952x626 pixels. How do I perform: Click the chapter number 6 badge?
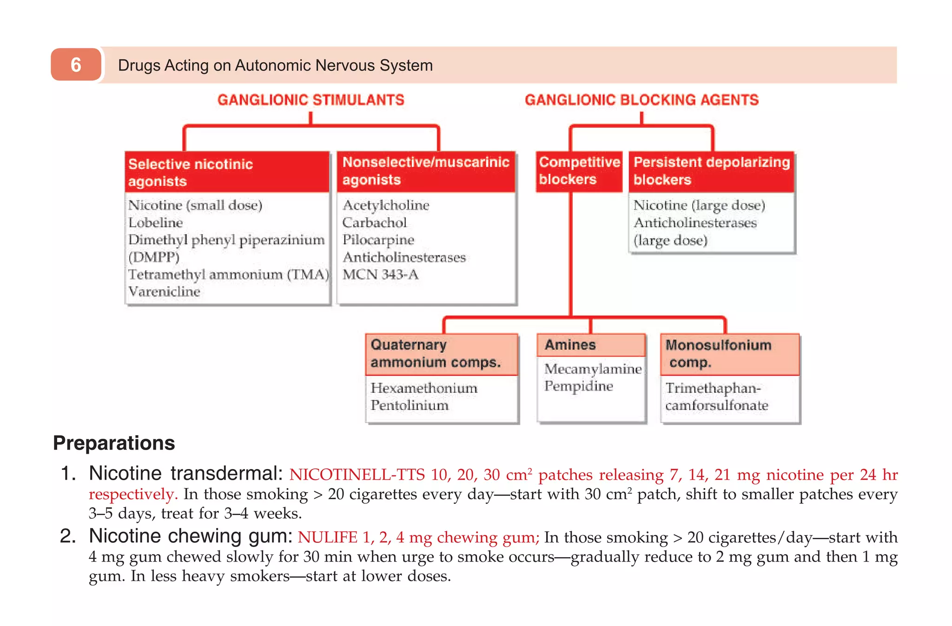(x=76, y=65)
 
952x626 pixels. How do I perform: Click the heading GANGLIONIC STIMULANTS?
(x=311, y=100)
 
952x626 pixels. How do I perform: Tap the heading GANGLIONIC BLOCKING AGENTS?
(x=641, y=100)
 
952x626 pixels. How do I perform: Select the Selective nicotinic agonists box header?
(x=227, y=172)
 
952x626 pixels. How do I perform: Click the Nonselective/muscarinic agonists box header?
(x=426, y=171)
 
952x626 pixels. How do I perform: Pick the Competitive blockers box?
(x=579, y=171)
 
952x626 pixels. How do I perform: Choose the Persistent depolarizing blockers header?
(x=711, y=171)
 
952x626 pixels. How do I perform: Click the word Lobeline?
(x=156, y=223)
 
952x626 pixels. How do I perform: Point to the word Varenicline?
(x=164, y=292)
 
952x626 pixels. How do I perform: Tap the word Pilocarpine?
(x=378, y=240)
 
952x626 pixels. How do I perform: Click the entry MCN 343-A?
(x=380, y=275)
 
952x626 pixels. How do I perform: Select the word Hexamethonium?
(x=423, y=388)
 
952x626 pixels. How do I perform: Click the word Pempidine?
(x=578, y=386)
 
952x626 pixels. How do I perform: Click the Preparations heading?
(x=114, y=443)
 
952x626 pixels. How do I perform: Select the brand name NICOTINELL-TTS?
(x=357, y=475)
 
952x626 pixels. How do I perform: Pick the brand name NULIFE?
(x=327, y=537)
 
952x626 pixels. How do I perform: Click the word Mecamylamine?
(x=593, y=369)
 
